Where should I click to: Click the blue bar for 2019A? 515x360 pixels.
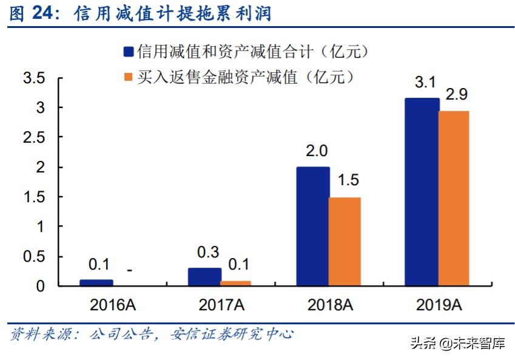422,191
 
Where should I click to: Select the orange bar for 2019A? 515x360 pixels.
454,198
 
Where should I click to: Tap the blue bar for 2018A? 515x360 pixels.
313,226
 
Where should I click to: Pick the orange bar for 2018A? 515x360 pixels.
345,241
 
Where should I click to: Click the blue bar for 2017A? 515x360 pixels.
204,276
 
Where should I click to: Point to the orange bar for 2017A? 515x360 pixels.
236,283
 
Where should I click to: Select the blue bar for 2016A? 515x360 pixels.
96,282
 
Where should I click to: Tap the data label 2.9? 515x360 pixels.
456,95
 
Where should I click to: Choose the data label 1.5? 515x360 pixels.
347,180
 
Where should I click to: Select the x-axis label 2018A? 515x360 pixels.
329,304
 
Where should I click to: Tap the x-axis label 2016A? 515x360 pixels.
112,304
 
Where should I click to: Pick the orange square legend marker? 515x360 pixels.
128,76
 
